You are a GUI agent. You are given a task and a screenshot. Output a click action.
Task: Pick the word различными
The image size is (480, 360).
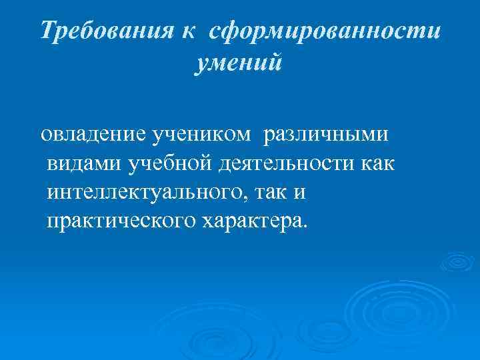coord(327,135)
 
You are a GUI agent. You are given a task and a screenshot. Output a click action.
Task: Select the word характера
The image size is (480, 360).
coord(251,221)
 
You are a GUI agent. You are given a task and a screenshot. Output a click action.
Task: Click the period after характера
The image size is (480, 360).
coord(306,226)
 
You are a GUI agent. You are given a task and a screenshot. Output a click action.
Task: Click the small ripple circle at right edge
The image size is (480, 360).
coord(457,262)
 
